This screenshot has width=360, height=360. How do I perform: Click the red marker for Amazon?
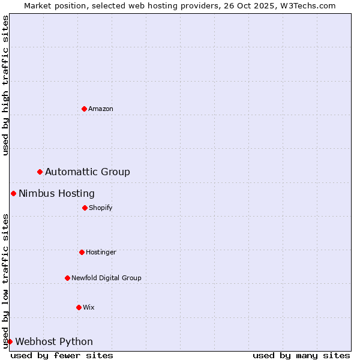click(84, 109)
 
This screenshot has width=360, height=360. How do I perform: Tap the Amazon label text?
click(101, 109)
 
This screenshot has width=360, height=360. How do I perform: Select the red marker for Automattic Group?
click(40, 172)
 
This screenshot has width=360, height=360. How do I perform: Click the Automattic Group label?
click(88, 172)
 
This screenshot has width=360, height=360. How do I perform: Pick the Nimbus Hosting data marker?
click(13, 193)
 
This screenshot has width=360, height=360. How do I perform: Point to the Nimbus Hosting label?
click(56, 193)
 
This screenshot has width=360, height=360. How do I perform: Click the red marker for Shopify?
click(85, 208)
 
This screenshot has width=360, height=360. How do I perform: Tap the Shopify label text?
click(101, 208)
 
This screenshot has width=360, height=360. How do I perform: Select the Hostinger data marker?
click(82, 252)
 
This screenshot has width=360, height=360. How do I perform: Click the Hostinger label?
click(101, 252)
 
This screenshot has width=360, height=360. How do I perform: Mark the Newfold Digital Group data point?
click(67, 278)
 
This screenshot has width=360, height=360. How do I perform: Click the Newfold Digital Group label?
click(106, 278)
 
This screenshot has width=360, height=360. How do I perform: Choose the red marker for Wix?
click(79, 307)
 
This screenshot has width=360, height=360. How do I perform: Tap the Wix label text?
click(89, 307)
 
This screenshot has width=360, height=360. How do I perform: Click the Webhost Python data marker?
click(10, 341)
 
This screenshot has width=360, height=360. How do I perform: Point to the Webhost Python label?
click(54, 342)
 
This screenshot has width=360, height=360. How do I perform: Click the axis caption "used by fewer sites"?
click(62, 355)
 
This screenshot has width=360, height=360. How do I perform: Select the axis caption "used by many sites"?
click(301, 355)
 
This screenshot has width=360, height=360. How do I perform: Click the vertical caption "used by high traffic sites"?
click(5, 85)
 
